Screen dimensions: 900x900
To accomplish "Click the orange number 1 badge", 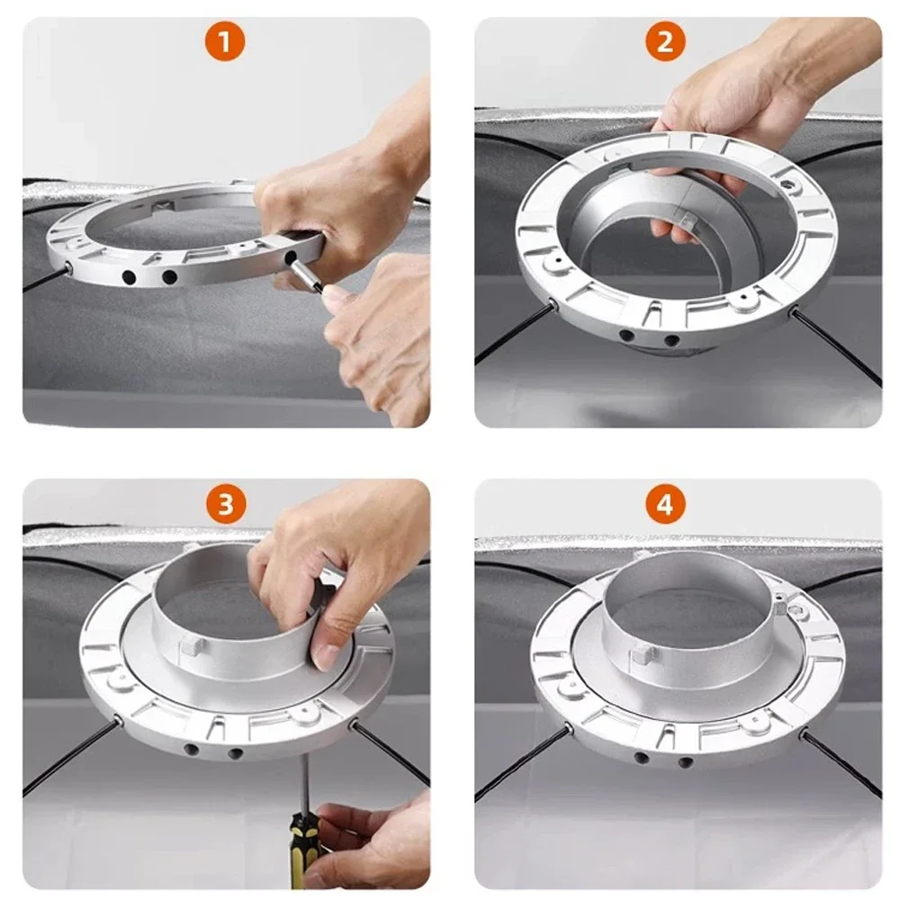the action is tap(224, 42).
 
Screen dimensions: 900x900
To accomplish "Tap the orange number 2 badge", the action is tap(665, 42).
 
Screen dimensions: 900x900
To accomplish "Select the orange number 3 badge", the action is tap(225, 505).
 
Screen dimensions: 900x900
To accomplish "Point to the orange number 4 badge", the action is tap(665, 505).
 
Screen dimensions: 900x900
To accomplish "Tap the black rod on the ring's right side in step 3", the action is tap(391, 751).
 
